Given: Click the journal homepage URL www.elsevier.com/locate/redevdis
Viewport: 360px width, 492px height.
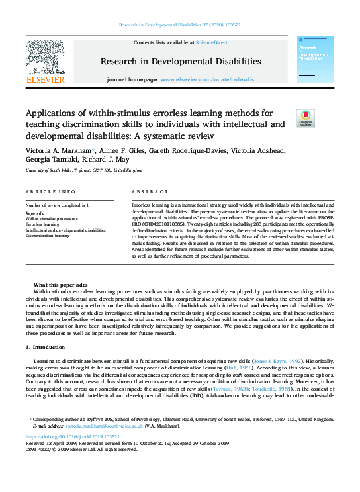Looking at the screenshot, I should tap(208, 79).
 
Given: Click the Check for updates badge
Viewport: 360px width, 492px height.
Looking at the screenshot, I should tap(306, 119).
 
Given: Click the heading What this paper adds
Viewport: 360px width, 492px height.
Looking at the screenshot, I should tap(60, 284).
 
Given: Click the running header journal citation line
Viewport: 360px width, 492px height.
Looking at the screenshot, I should tap(180, 24).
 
